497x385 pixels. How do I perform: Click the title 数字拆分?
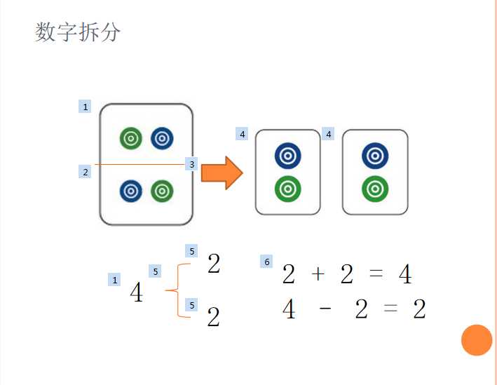[x=78, y=32]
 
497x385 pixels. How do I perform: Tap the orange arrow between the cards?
[x=222, y=173]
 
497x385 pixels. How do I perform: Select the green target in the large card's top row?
[x=131, y=138]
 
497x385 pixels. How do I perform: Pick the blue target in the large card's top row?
[x=162, y=138]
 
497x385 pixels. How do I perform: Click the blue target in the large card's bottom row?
[x=131, y=190]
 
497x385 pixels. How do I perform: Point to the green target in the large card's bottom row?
[x=162, y=190]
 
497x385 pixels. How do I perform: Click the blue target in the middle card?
[x=287, y=156]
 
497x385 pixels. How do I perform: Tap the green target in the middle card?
[x=287, y=188]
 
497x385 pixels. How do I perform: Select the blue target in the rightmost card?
[x=375, y=156]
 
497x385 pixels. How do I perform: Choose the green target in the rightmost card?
[x=375, y=188]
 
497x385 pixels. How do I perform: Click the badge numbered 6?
[x=266, y=262]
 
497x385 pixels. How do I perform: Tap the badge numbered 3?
[x=192, y=164]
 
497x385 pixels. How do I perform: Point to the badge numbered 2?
[x=86, y=172]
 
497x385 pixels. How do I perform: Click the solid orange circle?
[x=477, y=341]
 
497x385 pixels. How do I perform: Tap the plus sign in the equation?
[x=318, y=274]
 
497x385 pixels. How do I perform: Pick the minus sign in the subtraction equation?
[x=325, y=309]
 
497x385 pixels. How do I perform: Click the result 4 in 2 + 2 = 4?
[x=405, y=275]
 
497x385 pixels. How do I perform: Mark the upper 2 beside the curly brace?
[x=214, y=264]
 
